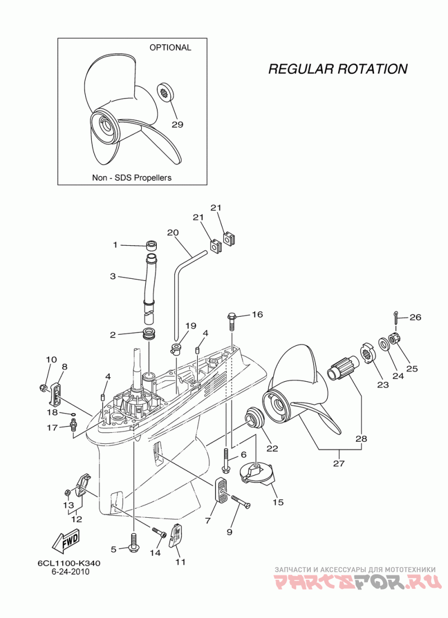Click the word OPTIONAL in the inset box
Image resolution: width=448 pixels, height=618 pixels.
(x=170, y=47)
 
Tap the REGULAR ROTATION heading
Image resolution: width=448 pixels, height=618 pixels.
(x=338, y=69)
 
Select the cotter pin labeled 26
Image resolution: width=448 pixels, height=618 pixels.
(x=395, y=317)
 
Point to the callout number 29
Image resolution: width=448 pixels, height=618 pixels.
(x=178, y=124)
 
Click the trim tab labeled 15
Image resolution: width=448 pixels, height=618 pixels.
(x=257, y=475)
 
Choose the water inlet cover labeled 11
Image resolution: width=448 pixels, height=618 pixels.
(x=176, y=535)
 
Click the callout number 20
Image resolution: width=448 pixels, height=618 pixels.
(x=172, y=233)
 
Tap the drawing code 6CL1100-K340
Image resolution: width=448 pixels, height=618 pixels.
(x=69, y=563)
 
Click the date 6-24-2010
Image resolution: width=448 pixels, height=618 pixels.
(x=70, y=572)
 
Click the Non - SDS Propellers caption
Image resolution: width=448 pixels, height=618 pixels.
(x=132, y=178)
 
